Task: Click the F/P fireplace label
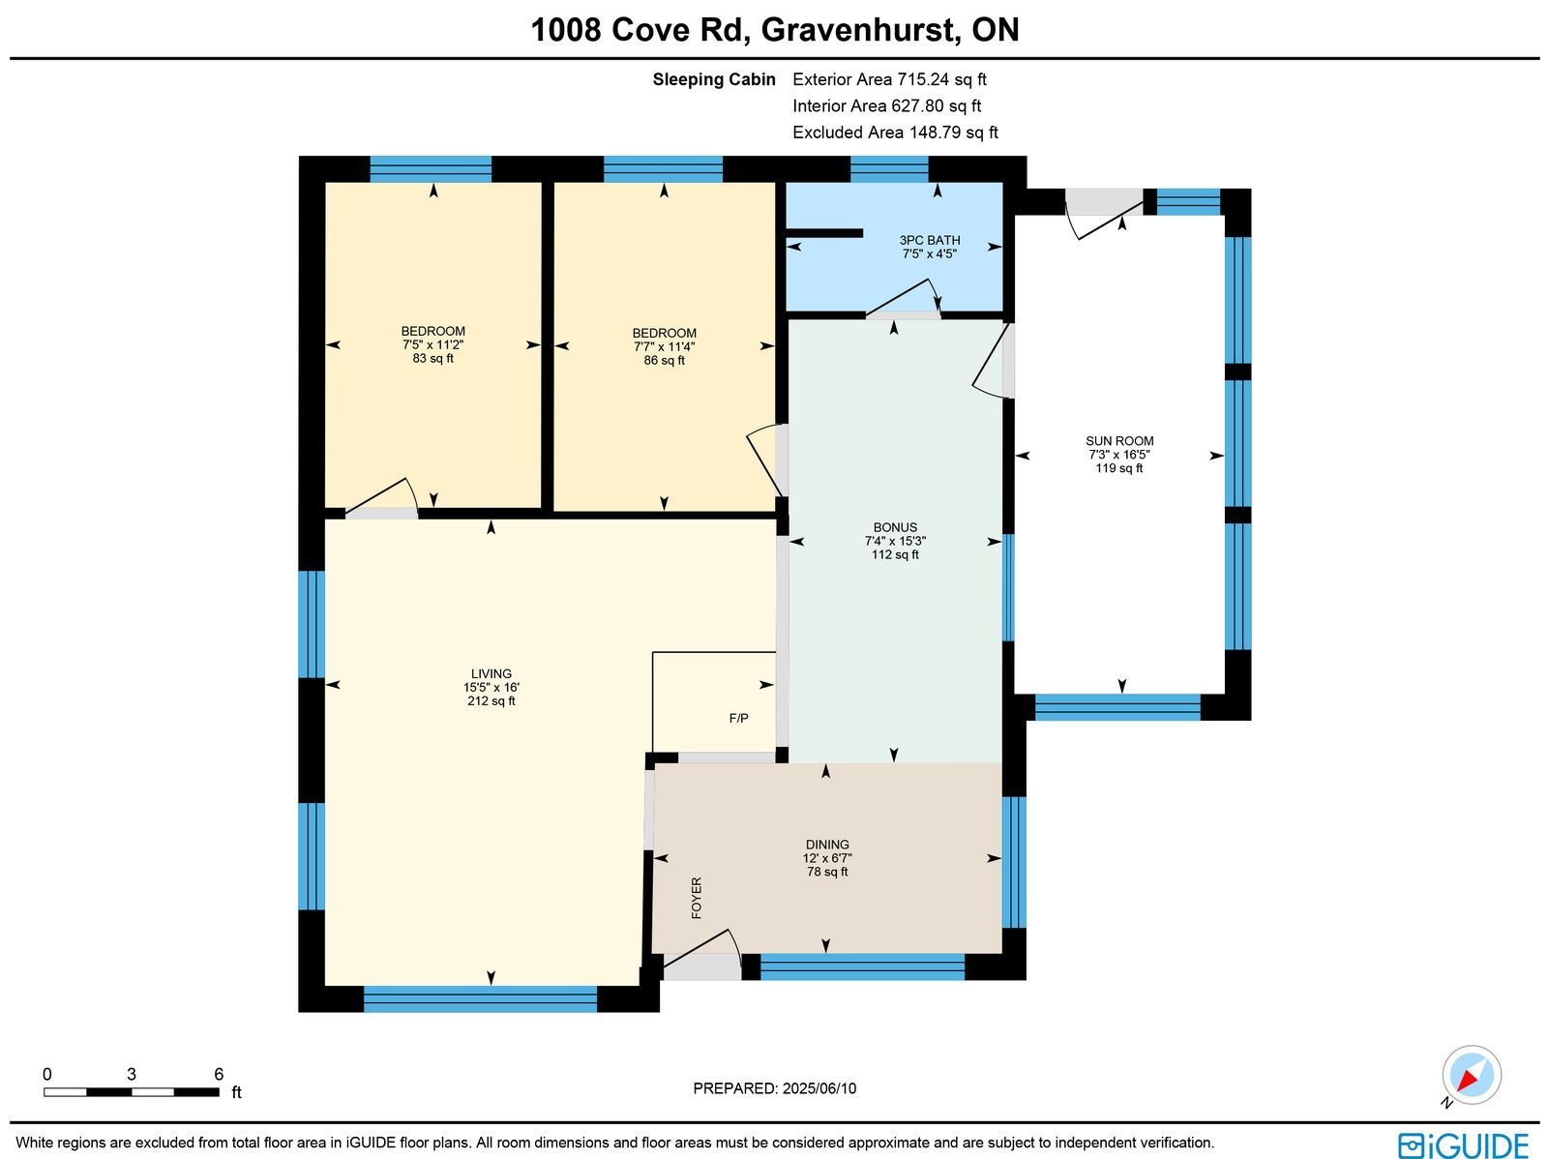point(738,719)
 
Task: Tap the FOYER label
point(697,898)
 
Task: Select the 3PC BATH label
point(930,240)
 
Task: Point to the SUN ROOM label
point(1119,440)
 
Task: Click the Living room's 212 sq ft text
point(491,700)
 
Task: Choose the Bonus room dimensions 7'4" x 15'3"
point(895,541)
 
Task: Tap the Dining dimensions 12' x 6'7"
point(827,858)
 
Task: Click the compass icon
point(1472,1075)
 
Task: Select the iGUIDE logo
point(1464,1144)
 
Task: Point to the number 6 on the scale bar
point(219,1074)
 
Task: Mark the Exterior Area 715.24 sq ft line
point(889,79)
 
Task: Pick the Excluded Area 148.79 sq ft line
point(895,132)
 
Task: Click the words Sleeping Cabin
point(714,79)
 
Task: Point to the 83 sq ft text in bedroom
point(433,358)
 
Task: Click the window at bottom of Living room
point(480,999)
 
